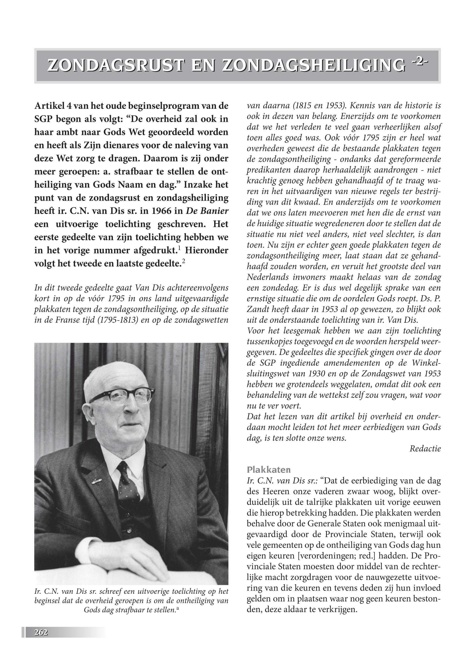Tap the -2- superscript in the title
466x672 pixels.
tap(420, 62)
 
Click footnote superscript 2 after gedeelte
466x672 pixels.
tap(184, 261)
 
